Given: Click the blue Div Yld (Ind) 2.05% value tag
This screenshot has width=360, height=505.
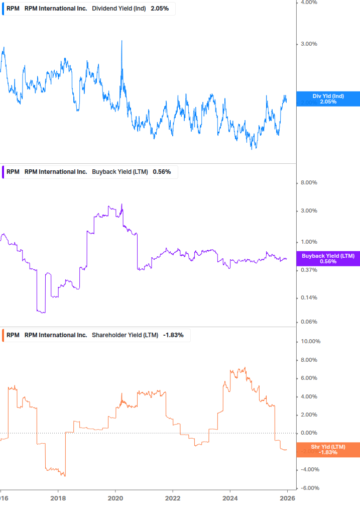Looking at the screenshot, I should coord(328,98).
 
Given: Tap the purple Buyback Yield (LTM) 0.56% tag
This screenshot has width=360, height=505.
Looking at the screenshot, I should coord(328,258).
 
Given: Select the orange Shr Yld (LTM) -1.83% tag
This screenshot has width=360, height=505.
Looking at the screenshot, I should coord(328,449).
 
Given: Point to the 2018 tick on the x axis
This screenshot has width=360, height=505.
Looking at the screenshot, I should coord(58,497).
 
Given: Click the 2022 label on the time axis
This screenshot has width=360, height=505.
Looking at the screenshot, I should coord(173,497).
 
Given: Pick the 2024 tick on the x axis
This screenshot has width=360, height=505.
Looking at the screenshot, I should coord(230,497).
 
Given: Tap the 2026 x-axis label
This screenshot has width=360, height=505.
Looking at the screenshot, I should coord(287,497).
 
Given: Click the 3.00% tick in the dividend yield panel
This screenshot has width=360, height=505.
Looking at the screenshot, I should coord(308,44).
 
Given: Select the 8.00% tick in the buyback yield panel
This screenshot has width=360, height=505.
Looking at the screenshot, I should coord(308,182).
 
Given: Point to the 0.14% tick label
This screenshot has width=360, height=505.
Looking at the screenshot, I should coord(308,297).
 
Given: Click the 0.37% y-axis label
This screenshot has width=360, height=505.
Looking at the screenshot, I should coord(308,270).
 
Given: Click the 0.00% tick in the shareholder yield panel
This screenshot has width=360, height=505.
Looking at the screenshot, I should coord(308,433).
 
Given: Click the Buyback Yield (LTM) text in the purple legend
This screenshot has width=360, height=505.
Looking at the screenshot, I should coord(120,172).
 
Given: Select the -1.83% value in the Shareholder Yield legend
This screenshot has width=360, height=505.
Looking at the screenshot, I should coord(173,335).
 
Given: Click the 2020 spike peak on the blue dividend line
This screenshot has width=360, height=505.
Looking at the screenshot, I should coord(122,41).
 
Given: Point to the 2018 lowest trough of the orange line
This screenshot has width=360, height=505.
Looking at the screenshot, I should coord(64,475).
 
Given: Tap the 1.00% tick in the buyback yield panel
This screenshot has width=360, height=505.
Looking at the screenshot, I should coord(308,242).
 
